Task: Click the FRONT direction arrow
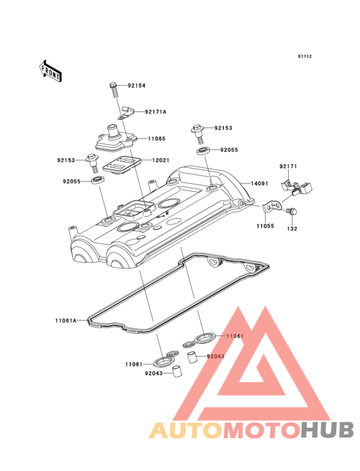click(50, 71)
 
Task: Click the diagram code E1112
click(305, 57)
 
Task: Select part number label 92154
click(136, 86)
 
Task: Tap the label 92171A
click(156, 112)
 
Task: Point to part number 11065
click(157, 139)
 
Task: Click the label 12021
click(161, 160)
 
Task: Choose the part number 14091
click(260, 183)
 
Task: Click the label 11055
click(265, 226)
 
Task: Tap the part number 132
click(292, 229)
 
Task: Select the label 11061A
click(66, 320)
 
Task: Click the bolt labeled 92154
click(114, 89)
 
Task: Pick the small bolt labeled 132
click(291, 211)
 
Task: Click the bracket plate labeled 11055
click(273, 207)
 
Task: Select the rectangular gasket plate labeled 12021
click(122, 164)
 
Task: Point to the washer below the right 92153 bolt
click(204, 151)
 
